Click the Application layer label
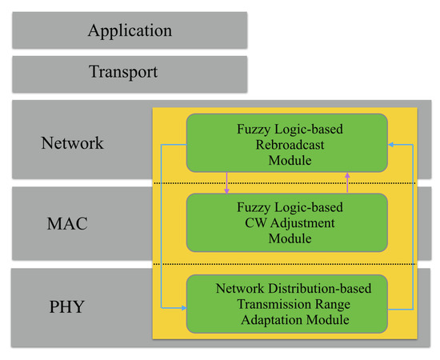(x=130, y=31)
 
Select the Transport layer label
(x=122, y=71)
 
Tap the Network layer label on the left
(x=72, y=143)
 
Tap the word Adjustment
(x=299, y=223)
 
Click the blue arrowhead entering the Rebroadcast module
(x=392, y=145)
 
